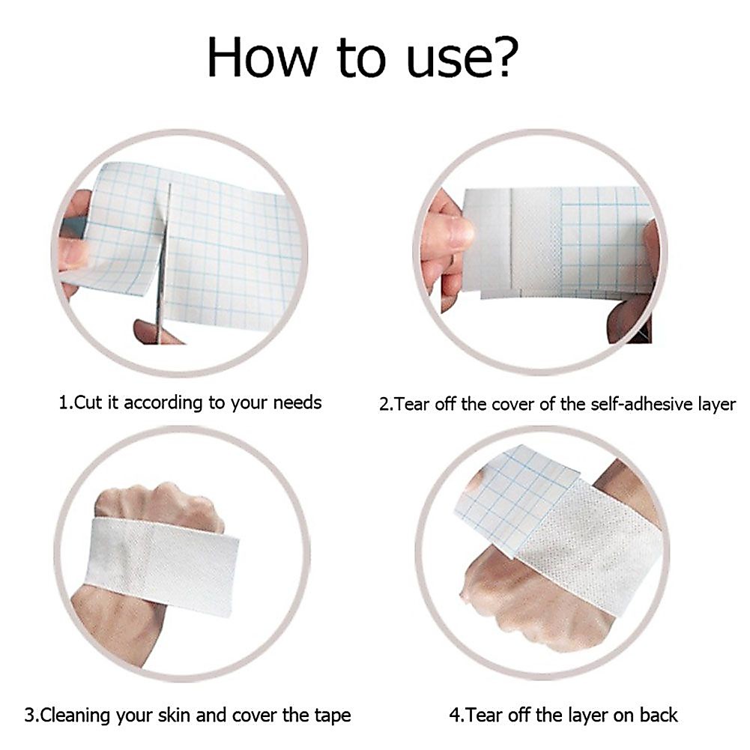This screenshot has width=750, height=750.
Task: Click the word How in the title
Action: point(262,57)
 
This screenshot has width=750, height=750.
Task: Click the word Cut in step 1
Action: point(88,402)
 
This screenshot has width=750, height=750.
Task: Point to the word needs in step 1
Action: point(297,403)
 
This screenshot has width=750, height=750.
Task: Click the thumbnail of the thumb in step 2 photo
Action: point(459,233)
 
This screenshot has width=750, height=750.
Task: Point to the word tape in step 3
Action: point(333,716)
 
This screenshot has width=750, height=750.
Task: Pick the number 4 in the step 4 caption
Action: point(454,716)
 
